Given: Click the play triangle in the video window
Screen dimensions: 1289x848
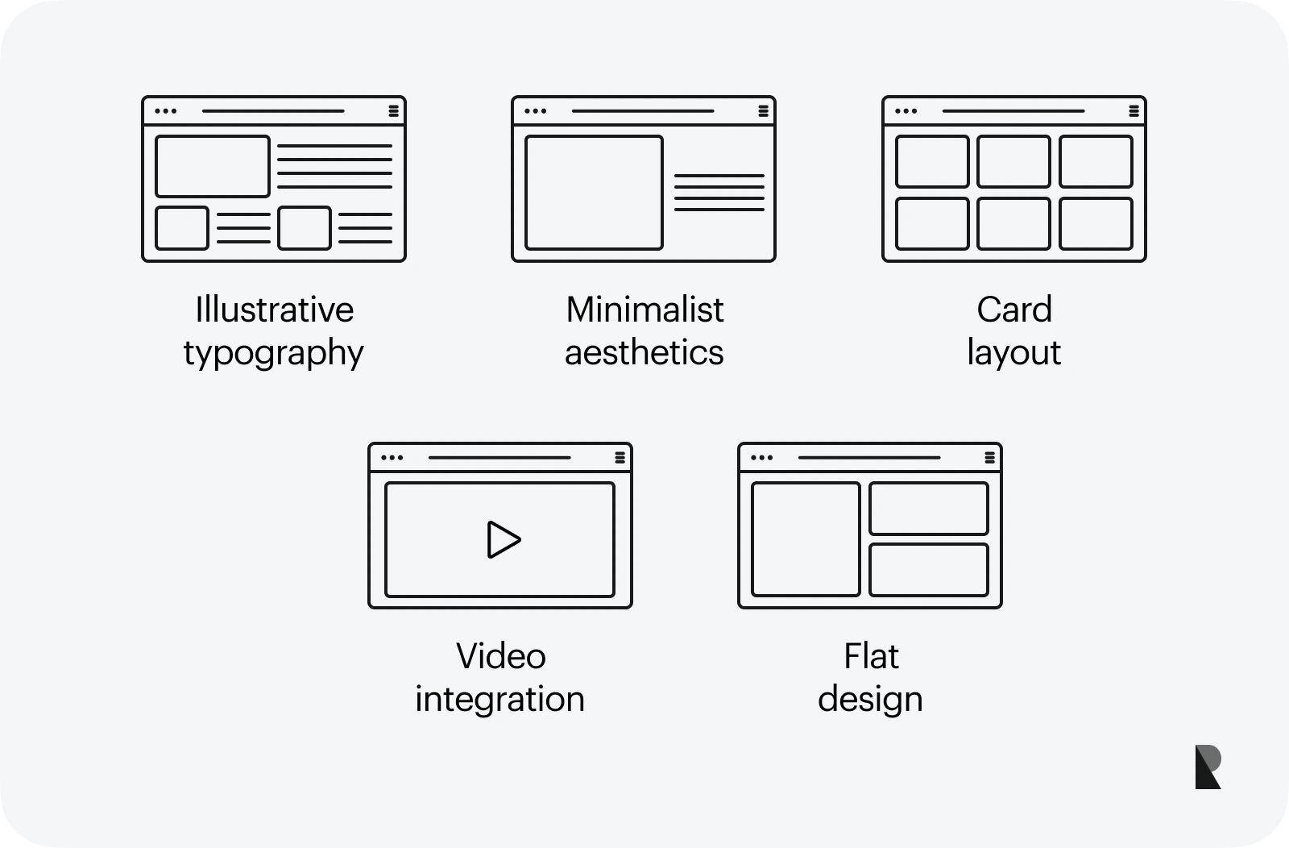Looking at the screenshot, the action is point(502,539).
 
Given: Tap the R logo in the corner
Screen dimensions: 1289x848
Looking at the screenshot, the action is point(1208,767).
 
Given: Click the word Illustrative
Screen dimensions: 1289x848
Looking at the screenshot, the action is point(274,310).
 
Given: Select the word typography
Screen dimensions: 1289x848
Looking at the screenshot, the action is point(273,353).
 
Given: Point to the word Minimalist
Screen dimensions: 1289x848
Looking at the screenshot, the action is point(644,310).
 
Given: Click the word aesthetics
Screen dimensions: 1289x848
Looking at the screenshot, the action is point(644,352).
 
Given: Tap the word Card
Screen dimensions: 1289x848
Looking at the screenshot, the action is point(1014,310).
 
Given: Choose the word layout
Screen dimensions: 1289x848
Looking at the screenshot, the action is point(1014,353).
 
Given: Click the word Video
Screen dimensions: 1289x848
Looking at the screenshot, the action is point(500,656).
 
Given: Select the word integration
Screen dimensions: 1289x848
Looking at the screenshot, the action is point(499,700).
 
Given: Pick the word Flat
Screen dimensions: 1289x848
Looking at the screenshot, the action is point(871,656).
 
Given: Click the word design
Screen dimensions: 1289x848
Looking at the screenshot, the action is point(870,700).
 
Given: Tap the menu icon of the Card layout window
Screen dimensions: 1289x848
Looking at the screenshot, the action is point(1134,111).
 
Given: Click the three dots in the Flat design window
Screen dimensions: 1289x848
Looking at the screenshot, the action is point(762,458).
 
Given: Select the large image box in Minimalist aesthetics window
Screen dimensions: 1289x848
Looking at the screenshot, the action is point(594,193).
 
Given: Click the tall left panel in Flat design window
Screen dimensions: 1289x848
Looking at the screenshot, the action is point(806,538).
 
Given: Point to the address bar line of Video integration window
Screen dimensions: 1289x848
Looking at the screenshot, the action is point(499,458).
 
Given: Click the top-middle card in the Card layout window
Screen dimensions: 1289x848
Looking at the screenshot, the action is point(1014,161).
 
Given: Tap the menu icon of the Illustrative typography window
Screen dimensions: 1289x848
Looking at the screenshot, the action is point(394,111).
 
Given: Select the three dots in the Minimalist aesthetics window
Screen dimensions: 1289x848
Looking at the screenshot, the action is point(535,111).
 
